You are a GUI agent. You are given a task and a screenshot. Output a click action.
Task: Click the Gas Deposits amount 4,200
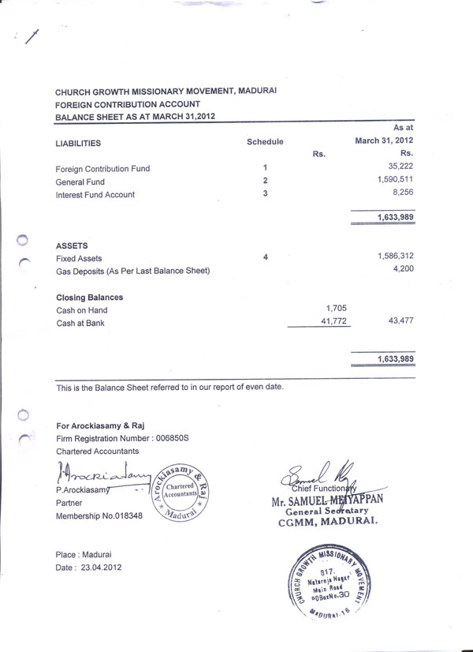403,270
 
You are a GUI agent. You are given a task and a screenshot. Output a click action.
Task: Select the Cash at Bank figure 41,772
333,322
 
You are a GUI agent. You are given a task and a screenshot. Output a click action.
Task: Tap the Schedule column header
265,141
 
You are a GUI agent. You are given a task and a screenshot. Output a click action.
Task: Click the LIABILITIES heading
79,144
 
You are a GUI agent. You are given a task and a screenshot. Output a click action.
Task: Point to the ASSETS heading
72,245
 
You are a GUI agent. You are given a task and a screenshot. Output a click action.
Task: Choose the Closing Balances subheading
89,298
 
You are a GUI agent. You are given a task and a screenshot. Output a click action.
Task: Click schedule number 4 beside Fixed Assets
266,257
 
